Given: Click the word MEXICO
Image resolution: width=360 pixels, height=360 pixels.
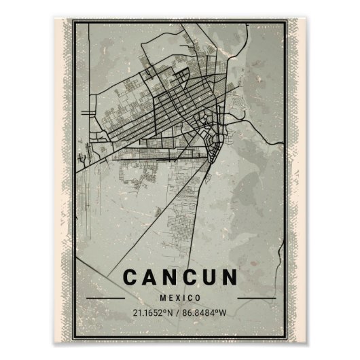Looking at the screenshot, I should tap(180, 298).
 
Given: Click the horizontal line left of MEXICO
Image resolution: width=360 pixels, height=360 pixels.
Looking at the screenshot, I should tap(105, 298).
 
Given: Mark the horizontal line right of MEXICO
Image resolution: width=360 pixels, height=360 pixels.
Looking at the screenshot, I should tap(255, 298).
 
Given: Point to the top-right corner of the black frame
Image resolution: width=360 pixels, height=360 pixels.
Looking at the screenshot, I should tap(287, 20).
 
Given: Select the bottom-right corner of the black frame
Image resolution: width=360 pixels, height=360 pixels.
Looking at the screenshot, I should tap(287, 338).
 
